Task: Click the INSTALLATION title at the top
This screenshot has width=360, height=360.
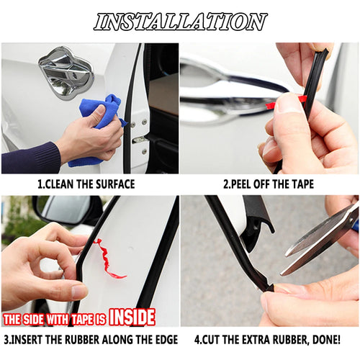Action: (x=180, y=22)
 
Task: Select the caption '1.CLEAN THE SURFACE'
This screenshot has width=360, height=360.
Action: (x=86, y=184)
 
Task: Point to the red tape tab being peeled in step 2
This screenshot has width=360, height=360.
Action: (x=274, y=105)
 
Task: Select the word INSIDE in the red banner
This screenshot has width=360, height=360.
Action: (x=131, y=317)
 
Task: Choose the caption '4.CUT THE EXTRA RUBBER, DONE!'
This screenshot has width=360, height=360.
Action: (x=268, y=339)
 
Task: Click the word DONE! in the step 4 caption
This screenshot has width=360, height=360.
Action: (x=325, y=339)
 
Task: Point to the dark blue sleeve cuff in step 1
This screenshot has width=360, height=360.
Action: (x=32, y=157)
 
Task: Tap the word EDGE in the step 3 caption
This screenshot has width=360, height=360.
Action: (x=158, y=339)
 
